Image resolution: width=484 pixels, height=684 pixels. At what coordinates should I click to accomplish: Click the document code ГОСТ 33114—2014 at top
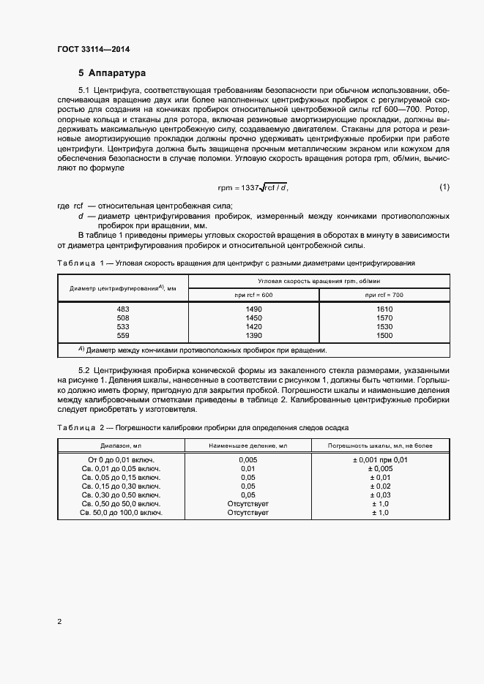(x=94, y=50)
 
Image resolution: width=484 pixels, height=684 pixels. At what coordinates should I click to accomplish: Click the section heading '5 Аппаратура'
(x=112, y=73)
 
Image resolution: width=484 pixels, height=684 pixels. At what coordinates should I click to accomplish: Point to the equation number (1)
(x=444, y=188)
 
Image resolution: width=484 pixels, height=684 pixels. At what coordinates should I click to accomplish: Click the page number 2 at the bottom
(x=59, y=622)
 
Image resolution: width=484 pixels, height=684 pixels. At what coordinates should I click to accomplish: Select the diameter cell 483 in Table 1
(x=122, y=309)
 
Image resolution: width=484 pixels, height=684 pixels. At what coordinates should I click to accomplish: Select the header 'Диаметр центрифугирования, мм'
(x=122, y=287)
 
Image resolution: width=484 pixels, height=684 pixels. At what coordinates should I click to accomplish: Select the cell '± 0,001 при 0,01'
(x=381, y=460)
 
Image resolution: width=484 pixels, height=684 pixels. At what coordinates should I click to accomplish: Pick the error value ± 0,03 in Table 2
(x=381, y=495)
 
